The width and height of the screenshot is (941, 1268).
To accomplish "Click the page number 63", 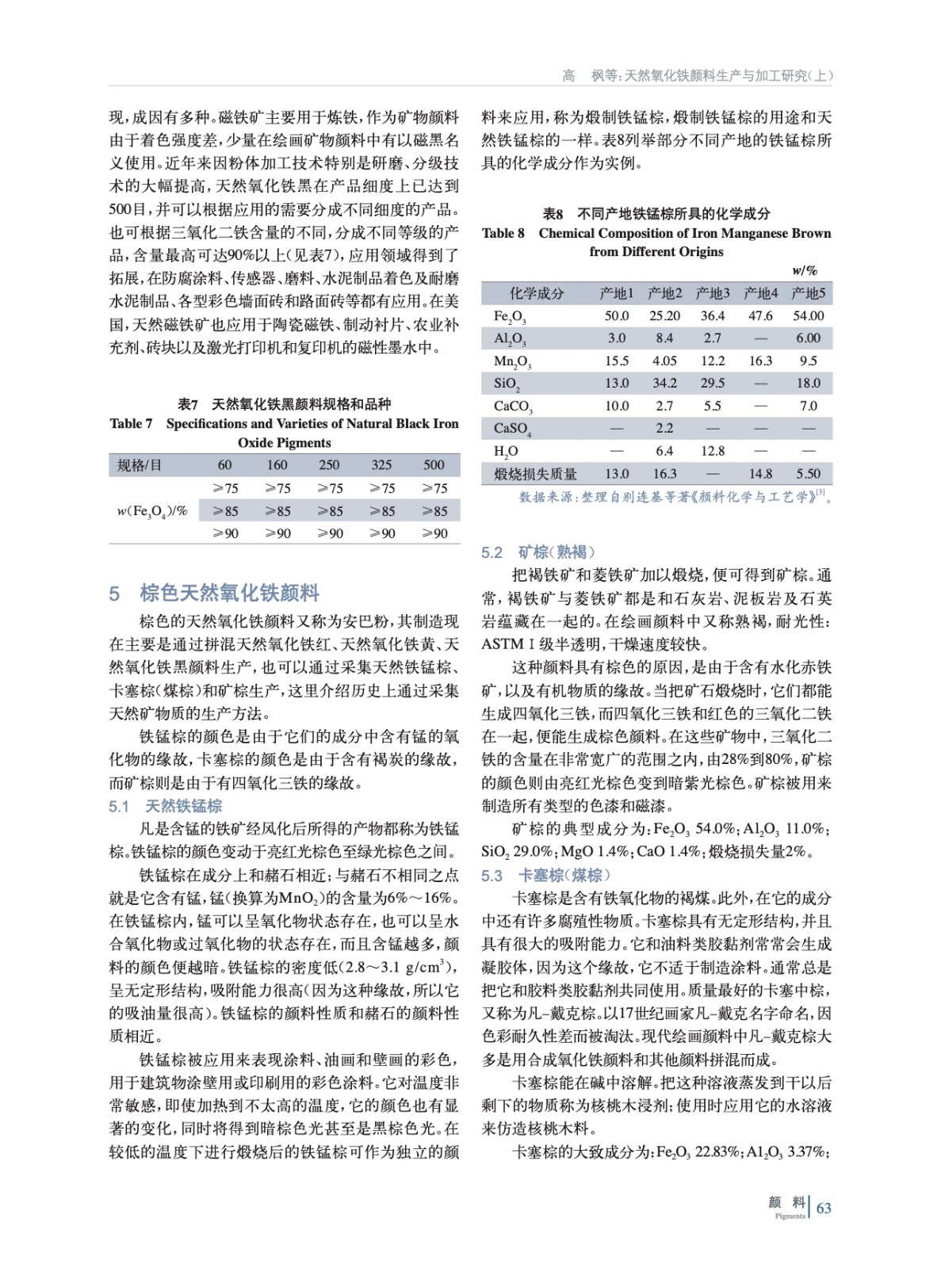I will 824,1207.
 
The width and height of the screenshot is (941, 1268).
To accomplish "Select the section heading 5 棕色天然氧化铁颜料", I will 214,593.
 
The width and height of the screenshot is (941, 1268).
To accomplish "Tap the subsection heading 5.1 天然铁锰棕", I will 166,806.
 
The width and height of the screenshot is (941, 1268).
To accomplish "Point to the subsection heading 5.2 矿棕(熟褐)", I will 538,552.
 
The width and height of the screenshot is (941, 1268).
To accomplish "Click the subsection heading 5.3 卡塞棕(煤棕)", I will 546,875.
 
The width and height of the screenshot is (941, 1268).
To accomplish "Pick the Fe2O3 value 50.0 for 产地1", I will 617,315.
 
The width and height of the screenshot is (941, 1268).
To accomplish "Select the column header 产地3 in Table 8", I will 713,293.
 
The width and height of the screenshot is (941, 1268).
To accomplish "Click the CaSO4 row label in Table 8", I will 512,429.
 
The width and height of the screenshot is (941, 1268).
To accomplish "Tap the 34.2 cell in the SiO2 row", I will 664,384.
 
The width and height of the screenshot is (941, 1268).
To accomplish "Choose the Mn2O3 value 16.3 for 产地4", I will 760,361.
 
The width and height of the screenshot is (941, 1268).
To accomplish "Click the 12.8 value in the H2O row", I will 713,451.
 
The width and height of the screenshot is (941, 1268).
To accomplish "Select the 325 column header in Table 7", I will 381,465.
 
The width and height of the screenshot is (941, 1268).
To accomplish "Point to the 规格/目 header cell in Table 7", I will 140,465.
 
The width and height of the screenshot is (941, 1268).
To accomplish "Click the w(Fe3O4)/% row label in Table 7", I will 152,511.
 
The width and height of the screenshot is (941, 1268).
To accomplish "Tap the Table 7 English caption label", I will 132,424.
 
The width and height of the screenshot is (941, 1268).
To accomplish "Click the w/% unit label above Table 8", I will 805,271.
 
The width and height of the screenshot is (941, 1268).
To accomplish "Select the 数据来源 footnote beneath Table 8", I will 674,497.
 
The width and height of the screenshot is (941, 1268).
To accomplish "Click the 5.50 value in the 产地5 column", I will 808,474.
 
